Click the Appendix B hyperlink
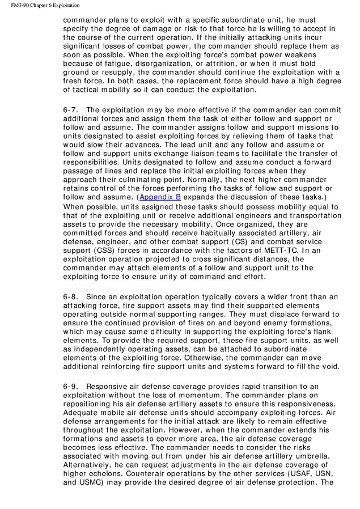click(160, 197)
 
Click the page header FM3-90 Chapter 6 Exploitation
click(40, 5)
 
